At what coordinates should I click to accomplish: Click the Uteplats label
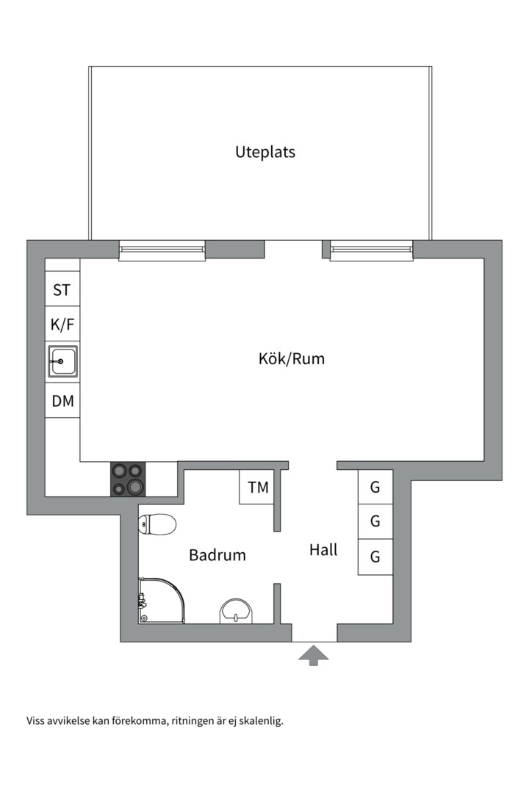[x=265, y=152]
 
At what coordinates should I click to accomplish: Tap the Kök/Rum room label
[x=292, y=358]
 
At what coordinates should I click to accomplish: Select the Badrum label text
[x=217, y=555]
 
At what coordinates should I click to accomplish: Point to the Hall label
[x=323, y=550]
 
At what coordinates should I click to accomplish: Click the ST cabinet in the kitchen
[x=62, y=289]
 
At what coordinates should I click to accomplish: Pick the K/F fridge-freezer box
[x=62, y=325]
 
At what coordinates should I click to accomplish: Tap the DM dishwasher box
[x=62, y=401]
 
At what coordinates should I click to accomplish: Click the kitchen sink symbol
[x=62, y=361]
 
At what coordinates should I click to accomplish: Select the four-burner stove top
[x=128, y=479]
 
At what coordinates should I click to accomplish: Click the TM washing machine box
[x=257, y=487]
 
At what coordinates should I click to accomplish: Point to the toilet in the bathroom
[x=157, y=524]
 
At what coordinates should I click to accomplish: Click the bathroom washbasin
[x=236, y=611]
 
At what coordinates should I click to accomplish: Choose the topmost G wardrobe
[x=375, y=487]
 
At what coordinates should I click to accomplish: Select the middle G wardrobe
[x=375, y=521]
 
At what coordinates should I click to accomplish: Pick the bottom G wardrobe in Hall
[x=375, y=557]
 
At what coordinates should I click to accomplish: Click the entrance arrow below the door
[x=313, y=655]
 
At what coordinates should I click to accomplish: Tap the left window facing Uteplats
[x=162, y=250]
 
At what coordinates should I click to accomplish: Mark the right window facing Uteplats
[x=372, y=250]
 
